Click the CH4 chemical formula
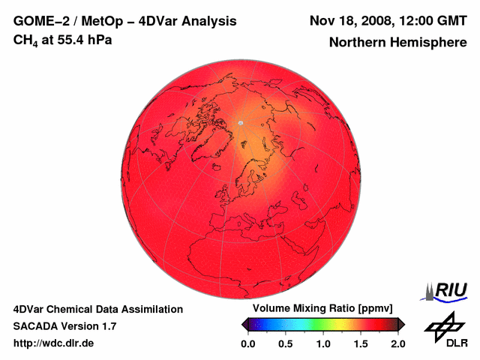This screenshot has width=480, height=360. pos(25,40)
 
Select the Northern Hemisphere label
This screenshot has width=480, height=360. pos(397,43)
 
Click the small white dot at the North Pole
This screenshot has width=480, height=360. pos(241,122)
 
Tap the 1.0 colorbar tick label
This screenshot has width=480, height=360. pos(323,343)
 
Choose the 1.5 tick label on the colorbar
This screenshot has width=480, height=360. pos(361,343)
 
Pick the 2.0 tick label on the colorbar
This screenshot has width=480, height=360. pos(398,343)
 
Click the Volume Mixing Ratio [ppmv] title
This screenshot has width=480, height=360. pos(319,309)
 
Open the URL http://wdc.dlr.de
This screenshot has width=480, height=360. pos(54,343)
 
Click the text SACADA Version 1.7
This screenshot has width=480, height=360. pos(64,326)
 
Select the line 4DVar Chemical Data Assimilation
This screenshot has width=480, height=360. pos(97,309)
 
